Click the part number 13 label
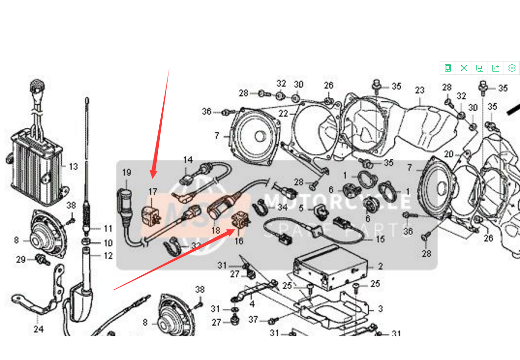click(73, 167)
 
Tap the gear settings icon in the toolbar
click(512, 68)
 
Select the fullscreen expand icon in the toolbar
click(464, 68)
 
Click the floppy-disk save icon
click(480, 68)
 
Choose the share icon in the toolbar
click(496, 68)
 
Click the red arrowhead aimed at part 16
click(232, 230)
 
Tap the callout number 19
click(127, 172)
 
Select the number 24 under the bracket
click(39, 330)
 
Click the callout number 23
click(419, 90)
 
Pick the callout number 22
click(283, 114)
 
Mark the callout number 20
click(449, 154)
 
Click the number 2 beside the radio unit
click(381, 266)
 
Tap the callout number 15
click(380, 239)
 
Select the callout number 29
click(20, 260)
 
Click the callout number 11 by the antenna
click(107, 228)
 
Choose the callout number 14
click(188, 160)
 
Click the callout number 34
click(283, 208)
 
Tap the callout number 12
click(107, 255)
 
